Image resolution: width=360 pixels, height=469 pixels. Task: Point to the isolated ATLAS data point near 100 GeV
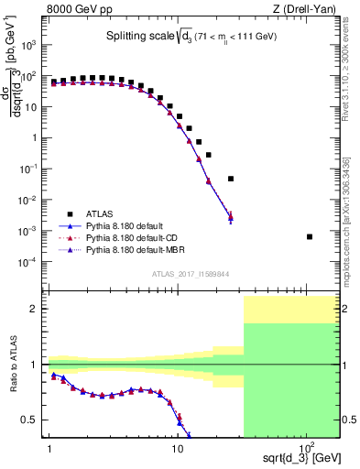(310, 236)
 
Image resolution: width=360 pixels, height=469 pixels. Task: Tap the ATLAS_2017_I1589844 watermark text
(191, 272)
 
